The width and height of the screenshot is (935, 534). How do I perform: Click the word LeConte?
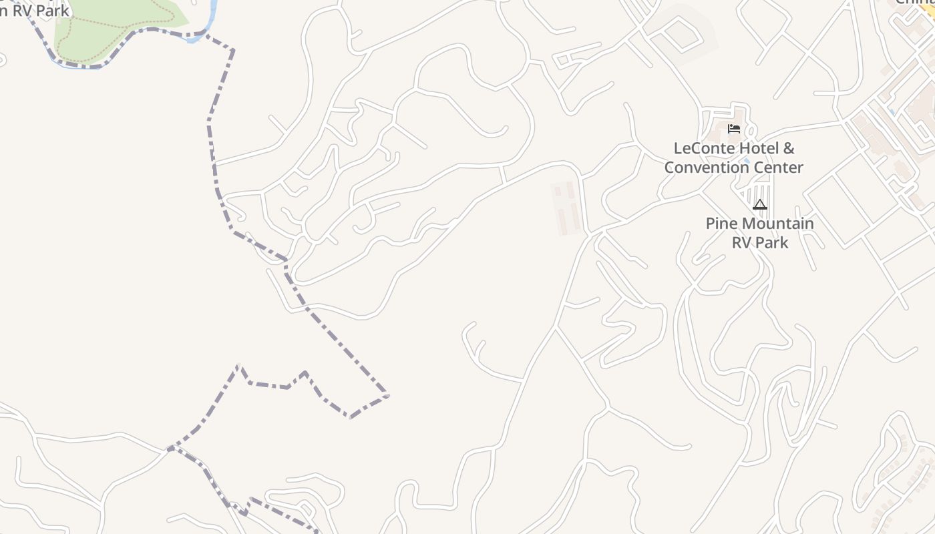(700, 148)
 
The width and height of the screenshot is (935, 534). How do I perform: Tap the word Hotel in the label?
(751, 148)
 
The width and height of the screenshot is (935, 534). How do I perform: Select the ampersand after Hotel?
(788, 148)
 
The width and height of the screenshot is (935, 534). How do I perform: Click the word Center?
(779, 168)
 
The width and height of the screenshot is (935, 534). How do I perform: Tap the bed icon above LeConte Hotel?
(734, 129)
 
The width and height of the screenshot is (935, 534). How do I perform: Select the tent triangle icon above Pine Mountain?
(759, 204)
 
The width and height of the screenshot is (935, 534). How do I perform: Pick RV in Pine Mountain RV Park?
(743, 242)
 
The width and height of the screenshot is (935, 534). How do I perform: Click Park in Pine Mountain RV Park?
(772, 242)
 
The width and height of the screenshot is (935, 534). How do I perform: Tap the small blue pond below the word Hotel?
(746, 161)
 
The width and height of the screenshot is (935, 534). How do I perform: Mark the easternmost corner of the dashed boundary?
(387, 396)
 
